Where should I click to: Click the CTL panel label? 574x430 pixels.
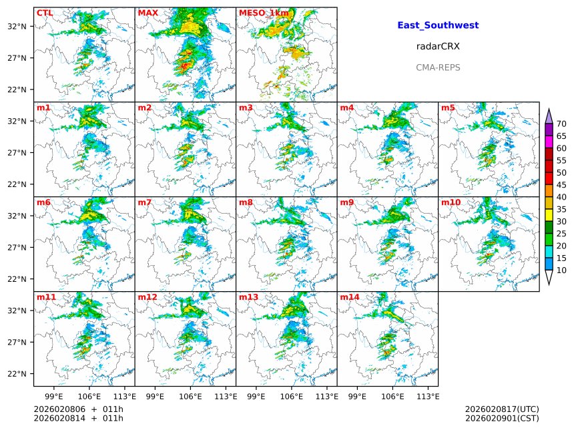(45, 13)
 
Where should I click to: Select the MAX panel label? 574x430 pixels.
(148, 13)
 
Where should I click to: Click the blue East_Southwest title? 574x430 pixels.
(438, 25)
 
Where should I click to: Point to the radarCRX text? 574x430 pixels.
(438, 47)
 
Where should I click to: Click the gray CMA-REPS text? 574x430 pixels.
(438, 67)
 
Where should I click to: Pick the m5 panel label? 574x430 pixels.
(448, 107)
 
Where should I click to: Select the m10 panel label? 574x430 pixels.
(451, 202)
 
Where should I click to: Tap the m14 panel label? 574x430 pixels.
(349, 297)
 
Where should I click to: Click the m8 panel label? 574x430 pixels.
(246, 202)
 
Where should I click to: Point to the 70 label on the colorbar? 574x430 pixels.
(561, 124)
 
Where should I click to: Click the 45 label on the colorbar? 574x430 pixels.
(561, 185)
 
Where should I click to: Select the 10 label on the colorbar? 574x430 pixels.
(561, 270)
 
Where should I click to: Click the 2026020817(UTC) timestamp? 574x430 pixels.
(501, 409)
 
